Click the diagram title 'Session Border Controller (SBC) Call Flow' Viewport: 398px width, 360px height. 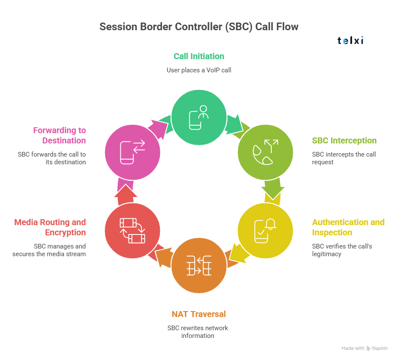[199, 27]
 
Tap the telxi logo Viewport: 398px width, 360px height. [350, 41]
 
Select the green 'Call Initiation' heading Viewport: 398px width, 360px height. [199, 56]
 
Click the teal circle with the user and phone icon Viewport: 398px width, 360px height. [199, 117]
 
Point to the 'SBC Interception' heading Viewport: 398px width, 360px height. [344, 140]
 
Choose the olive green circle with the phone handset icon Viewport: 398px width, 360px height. [265, 152]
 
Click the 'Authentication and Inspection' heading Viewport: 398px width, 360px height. [348, 227]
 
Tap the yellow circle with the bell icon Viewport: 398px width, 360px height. [265, 230]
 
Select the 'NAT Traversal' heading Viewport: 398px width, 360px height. [199, 314]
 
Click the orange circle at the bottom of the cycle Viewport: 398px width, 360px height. [199, 266]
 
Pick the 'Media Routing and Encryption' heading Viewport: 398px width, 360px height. [50, 227]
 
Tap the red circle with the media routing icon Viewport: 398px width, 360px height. [132, 230]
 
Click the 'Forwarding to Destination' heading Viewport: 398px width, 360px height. [60, 135]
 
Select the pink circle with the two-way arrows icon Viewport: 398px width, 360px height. [132, 152]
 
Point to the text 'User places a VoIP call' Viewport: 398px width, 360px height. [199, 70]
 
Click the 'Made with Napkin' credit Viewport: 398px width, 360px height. [364, 348]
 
